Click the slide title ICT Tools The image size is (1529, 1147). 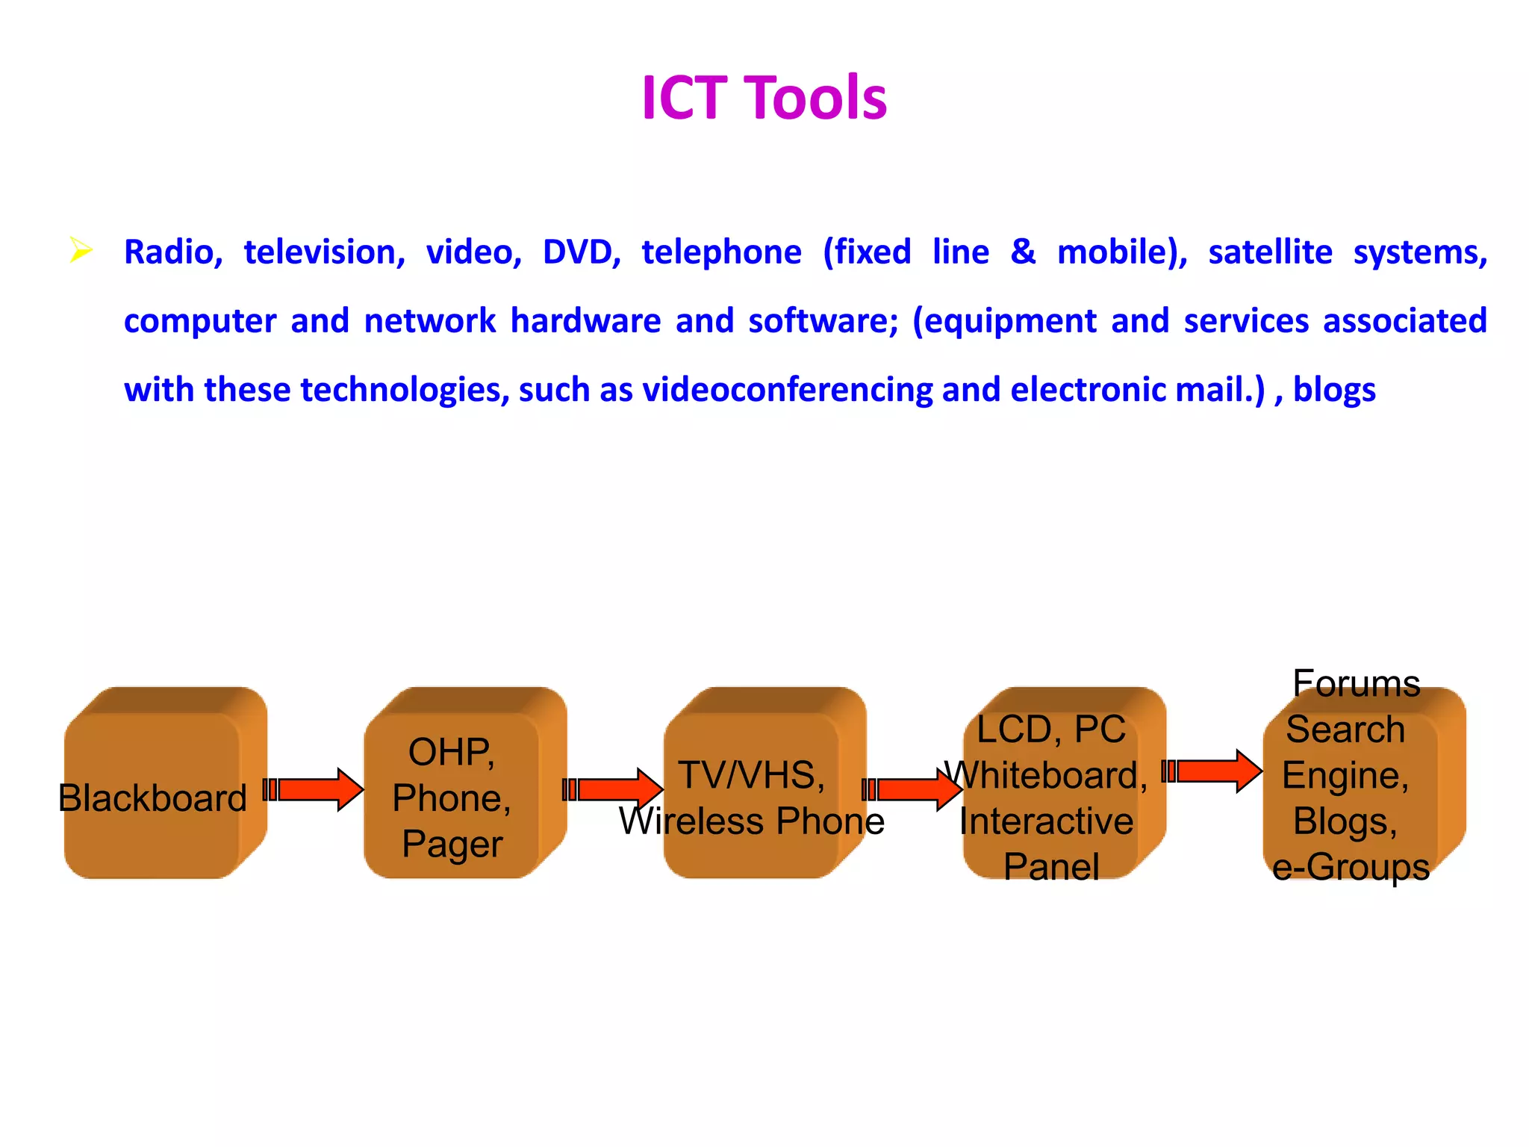pos(764,98)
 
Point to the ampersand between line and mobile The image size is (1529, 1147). pos(1023,252)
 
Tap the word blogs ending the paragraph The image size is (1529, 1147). pos(1333,390)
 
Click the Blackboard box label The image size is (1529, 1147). pos(152,798)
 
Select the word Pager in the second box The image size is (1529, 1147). pos(452,845)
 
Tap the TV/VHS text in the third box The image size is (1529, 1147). pos(751,775)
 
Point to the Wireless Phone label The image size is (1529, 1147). pos(751,821)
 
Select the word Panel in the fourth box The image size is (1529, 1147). pos(1051,867)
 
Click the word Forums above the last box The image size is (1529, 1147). pos(1356,683)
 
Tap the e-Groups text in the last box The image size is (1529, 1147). pos(1351,867)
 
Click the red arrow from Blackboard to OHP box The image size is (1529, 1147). pos(314,789)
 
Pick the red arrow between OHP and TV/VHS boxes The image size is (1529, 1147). pos(613,789)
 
